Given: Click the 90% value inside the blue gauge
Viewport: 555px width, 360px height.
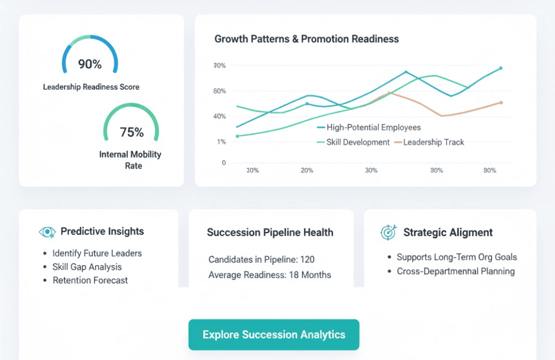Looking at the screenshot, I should tap(90, 64).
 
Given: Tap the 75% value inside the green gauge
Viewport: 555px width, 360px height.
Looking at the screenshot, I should tap(132, 132).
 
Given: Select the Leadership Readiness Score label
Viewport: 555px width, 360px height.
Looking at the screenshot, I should tap(91, 87).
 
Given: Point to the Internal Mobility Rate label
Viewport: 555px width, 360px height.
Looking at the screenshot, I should tap(130, 160).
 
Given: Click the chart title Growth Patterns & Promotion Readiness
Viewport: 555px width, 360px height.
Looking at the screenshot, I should tap(306, 39).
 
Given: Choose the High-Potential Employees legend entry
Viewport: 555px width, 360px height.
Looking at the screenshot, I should tap(373, 128).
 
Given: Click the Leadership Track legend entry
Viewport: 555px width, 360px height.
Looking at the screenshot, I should tap(433, 142).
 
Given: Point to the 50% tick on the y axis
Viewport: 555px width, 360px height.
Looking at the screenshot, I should tap(219, 91).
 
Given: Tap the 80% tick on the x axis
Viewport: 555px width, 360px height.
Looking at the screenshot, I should tap(490, 170).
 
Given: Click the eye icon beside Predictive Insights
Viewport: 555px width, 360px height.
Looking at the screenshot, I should tap(47, 232).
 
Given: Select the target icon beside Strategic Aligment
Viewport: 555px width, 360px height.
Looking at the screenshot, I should tap(388, 233).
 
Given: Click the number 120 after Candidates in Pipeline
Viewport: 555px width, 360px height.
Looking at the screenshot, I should tap(307, 260).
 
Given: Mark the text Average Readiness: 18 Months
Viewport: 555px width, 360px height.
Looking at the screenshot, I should tap(269, 275).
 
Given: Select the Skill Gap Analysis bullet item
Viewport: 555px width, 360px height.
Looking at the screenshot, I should tap(87, 267).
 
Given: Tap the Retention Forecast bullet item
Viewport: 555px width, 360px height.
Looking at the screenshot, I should tap(90, 280).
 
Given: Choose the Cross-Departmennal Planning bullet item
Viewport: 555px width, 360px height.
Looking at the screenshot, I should tap(456, 271).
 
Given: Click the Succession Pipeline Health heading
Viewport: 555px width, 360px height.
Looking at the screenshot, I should tap(270, 233).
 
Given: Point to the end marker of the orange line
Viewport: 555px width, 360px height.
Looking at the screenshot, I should tap(501, 103).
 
